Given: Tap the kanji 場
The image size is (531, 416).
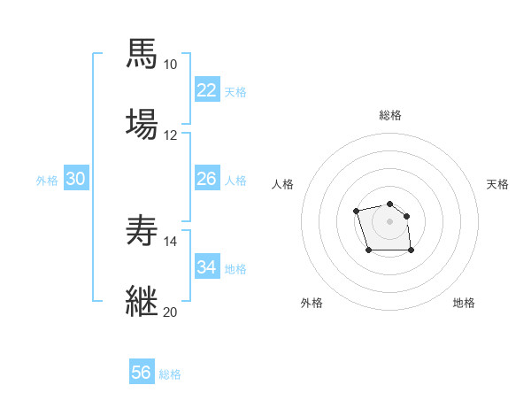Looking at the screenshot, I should point(142,123).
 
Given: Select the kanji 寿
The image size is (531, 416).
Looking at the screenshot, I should point(142,231).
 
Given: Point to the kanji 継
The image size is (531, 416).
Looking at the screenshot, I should point(142,301).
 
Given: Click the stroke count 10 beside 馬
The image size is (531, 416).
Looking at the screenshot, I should point(170,65).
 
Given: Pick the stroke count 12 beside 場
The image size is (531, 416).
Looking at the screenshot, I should point(170,135).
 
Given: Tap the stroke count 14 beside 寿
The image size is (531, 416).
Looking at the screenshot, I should point(170,242).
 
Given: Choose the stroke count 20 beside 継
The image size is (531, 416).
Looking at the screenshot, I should point(170,312).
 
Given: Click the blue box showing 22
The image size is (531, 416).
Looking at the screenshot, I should point(206,90).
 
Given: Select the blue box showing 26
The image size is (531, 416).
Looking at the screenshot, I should point(206,180).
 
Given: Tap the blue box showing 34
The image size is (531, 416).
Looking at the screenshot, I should point(206,267).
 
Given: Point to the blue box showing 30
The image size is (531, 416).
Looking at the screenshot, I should point(76,180).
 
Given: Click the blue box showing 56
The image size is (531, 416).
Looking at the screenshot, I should point(141,374).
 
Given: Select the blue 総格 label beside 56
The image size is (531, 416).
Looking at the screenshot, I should point(170,374).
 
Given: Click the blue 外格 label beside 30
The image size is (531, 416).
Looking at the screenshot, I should point(47,181).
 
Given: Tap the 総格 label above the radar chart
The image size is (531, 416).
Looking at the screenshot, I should point(389,115).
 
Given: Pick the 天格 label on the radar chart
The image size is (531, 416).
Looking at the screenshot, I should point(497,184).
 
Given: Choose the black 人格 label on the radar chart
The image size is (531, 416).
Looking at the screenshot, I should point(282,184).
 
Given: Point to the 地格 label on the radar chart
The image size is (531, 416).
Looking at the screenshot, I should point(464,303).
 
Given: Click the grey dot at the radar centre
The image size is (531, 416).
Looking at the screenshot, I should point(389,220).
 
